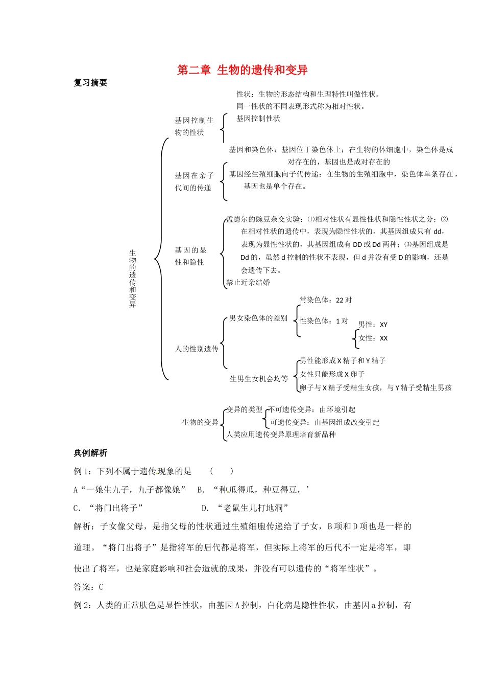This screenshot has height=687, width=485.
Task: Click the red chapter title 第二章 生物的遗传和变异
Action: (242, 70)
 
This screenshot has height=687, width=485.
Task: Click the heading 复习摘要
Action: (90, 83)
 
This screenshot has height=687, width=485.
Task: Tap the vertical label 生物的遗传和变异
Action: (133, 278)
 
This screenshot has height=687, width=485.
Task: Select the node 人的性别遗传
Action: (197, 349)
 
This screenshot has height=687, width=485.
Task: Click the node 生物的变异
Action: (200, 422)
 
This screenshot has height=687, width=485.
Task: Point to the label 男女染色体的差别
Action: (258, 318)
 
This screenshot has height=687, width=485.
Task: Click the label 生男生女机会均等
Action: (259, 379)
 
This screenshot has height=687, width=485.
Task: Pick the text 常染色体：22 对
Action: (326, 300)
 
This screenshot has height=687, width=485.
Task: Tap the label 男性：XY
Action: (373, 325)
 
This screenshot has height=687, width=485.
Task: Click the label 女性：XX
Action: (373, 338)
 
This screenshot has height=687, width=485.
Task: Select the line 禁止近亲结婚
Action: (248, 282)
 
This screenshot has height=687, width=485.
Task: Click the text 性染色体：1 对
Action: (324, 321)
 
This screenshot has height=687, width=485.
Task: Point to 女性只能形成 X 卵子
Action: (332, 374)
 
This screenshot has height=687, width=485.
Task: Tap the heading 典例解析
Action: (90, 453)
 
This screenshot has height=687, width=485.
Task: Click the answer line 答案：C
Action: (89, 587)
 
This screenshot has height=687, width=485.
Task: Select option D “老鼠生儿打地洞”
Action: (246, 508)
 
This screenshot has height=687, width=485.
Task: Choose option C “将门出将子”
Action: (108, 508)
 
